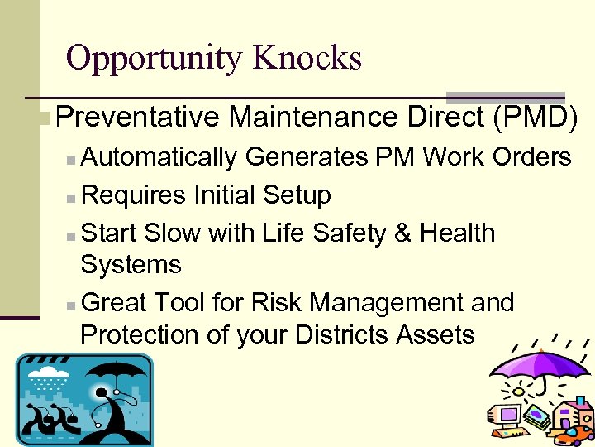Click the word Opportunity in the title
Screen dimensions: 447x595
click(154, 58)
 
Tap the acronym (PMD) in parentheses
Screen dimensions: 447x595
click(534, 118)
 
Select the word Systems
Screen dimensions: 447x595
click(131, 265)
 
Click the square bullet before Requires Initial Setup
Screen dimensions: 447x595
click(72, 197)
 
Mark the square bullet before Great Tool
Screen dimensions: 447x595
click(72, 305)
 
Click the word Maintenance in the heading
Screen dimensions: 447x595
click(314, 118)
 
